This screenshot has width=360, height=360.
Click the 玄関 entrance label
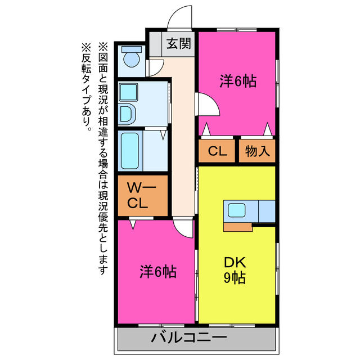[178, 43]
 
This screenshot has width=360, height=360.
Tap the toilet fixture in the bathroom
[131, 56]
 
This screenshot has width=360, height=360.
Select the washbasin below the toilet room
[127, 114]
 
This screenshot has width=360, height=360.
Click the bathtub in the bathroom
[130, 150]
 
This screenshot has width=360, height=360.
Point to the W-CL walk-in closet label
[138, 195]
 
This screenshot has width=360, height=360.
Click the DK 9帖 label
[235, 270]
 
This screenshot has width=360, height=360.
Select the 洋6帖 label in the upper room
[237, 82]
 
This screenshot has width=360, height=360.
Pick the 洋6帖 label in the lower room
[158, 272]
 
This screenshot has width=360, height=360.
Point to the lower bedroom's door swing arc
[183, 227]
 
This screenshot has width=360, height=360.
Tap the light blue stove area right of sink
[266, 211]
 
